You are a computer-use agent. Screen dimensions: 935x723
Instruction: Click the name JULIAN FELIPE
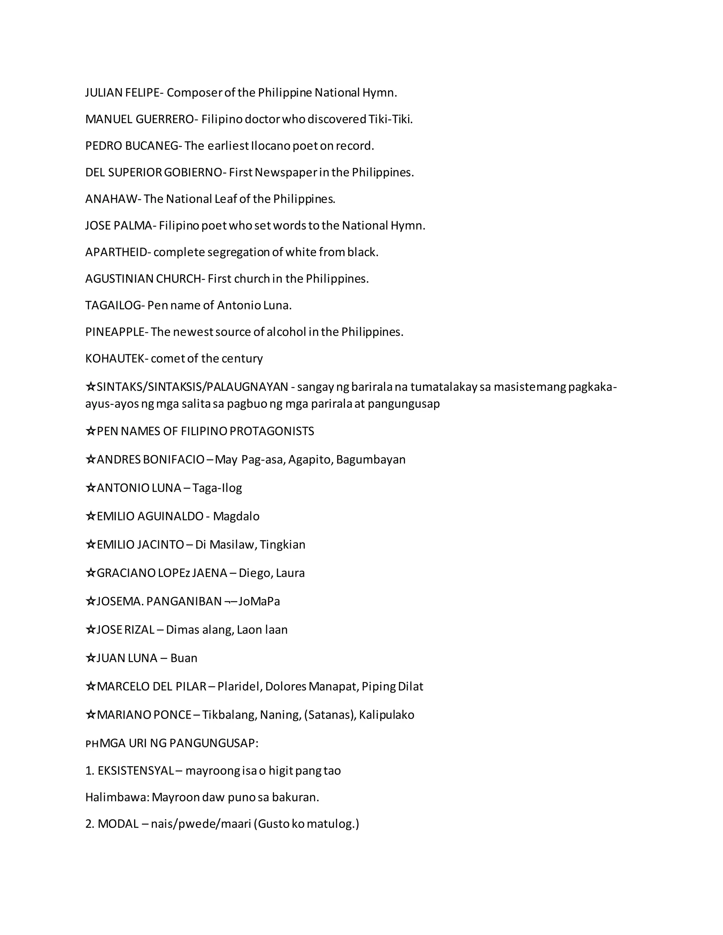click(x=122, y=93)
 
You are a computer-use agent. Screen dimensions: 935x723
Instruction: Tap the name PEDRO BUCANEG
click(x=131, y=146)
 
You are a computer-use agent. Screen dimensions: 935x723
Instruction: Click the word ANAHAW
click(x=111, y=199)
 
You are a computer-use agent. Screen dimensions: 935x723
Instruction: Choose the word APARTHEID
click(x=116, y=252)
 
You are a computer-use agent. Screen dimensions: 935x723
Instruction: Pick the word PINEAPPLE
click(x=115, y=332)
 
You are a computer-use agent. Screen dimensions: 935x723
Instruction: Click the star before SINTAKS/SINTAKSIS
click(x=90, y=387)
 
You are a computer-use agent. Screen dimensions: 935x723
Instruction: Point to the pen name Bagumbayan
click(x=370, y=460)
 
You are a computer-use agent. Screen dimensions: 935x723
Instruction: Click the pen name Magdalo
click(x=236, y=516)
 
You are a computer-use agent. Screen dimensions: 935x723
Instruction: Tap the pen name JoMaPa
click(x=259, y=602)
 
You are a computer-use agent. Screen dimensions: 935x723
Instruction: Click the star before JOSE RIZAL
click(x=90, y=630)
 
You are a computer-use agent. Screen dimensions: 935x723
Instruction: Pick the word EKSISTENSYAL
click(x=135, y=771)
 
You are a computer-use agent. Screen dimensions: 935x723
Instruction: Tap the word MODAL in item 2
click(x=118, y=824)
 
